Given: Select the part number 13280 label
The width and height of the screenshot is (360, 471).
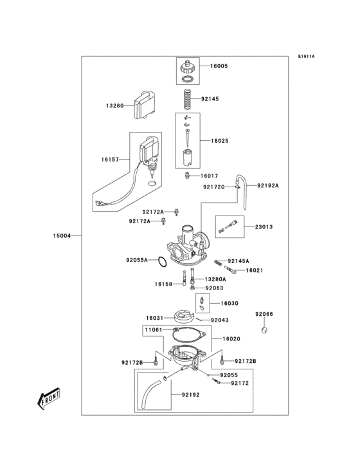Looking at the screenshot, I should pyautogui.click(x=115, y=105).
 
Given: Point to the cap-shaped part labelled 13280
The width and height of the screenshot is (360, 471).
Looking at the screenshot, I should pyautogui.click(x=145, y=106).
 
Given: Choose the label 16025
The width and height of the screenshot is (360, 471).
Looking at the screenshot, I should pyautogui.click(x=219, y=140).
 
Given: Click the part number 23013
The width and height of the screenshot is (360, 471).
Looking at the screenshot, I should pyautogui.click(x=264, y=226).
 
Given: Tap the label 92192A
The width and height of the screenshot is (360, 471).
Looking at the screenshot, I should pyautogui.click(x=269, y=185).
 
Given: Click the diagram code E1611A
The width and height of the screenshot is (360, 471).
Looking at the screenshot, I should pyautogui.click(x=307, y=56).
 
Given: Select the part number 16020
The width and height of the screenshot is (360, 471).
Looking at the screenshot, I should pyautogui.click(x=231, y=338).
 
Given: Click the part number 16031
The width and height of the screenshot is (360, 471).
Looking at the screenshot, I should pyautogui.click(x=154, y=317).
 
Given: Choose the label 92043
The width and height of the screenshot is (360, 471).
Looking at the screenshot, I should pyautogui.click(x=220, y=320).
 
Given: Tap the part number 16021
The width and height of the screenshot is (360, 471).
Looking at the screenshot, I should pyautogui.click(x=255, y=271).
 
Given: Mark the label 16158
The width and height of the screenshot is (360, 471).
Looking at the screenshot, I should pyautogui.click(x=163, y=283).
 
